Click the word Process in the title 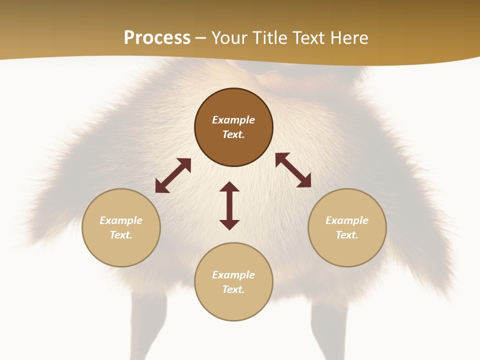[x=157, y=38]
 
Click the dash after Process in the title [x=200, y=39]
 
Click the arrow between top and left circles [x=173, y=175]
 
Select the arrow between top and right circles [x=293, y=170]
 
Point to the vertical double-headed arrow [x=229, y=205]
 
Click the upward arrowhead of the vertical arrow [x=229, y=186]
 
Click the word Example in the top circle [x=233, y=120]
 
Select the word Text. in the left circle [x=121, y=235]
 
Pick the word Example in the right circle [x=347, y=220]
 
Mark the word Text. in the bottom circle [x=233, y=289]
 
